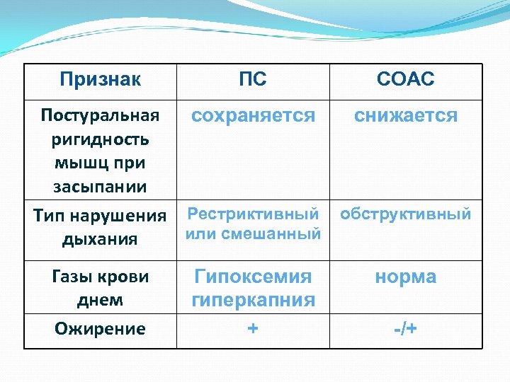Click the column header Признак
click(100, 79)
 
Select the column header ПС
click(253, 79)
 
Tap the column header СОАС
click(406, 79)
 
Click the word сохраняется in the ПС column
click(253, 115)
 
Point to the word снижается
click(406, 115)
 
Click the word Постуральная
click(100, 115)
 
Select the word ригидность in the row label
click(100, 139)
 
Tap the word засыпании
click(100, 187)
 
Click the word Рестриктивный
click(253, 214)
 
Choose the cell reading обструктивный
click(406, 214)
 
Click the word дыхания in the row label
click(100, 239)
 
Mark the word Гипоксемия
click(253, 276)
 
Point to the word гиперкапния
click(253, 300)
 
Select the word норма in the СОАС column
click(406, 277)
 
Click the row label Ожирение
click(100, 329)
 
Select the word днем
click(100, 300)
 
